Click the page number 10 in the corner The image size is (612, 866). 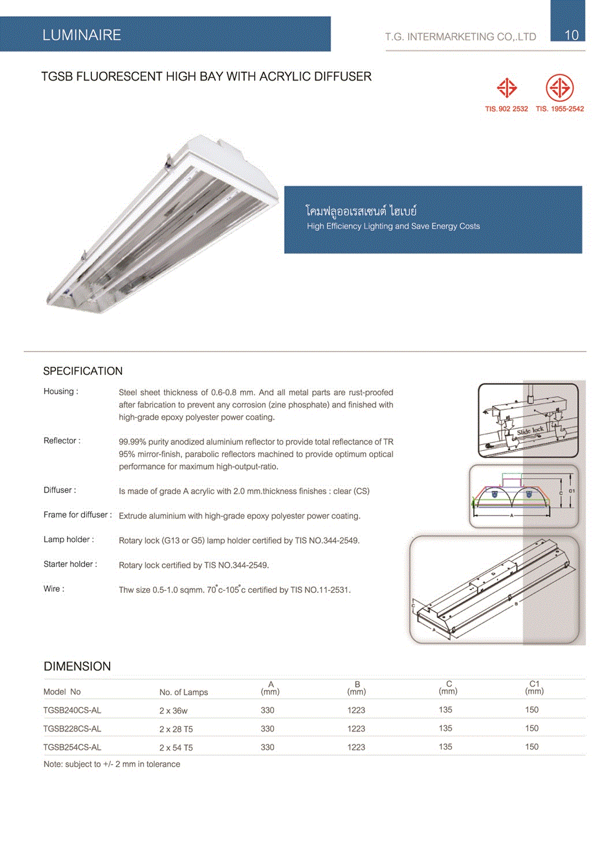tap(571, 35)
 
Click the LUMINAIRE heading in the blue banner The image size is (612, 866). tap(81, 35)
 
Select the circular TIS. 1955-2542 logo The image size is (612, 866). tap(559, 88)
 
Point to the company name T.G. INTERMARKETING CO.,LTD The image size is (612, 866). tap(460, 37)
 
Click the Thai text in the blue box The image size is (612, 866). tap(361, 211)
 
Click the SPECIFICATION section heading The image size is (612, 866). tap(83, 371)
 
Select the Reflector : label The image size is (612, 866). tap(62, 441)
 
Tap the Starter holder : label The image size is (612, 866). tap(70, 564)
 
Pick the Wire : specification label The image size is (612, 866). tap(54, 589)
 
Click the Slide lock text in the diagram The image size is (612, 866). tap(530, 431)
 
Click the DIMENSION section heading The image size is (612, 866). tap(77, 666)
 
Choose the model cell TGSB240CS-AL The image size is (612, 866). tap(72, 710)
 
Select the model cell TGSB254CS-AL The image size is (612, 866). tap(72, 747)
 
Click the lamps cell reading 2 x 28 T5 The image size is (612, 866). tap(176, 729)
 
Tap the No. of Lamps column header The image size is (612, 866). tap(184, 692)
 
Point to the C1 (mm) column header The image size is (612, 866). tap(534, 688)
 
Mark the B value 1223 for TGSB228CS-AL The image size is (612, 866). tap(356, 729)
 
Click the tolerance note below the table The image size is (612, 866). tap(111, 764)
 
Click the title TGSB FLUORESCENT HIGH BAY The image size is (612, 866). tap(206, 77)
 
